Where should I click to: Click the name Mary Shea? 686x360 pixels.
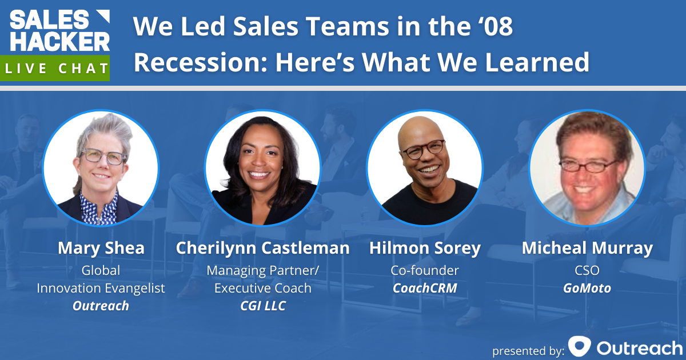point(101,249)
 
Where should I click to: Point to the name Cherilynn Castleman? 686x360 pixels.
point(262,249)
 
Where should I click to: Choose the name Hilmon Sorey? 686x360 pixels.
point(424,249)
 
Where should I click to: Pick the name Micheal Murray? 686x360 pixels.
point(587,249)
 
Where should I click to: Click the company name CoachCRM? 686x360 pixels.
point(424,289)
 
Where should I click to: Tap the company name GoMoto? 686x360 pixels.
point(587,289)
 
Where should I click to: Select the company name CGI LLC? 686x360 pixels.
point(262,306)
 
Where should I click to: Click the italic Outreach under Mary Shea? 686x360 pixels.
point(101,306)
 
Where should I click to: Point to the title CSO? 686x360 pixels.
point(587,270)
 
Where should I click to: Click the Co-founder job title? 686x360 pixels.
point(424,270)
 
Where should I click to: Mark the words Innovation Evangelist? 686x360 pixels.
point(101,289)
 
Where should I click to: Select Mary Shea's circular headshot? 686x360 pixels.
point(101,167)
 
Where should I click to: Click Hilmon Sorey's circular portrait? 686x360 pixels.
point(424,167)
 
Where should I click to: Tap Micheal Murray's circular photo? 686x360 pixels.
point(587,167)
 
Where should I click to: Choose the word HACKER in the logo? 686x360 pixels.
point(59,41)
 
